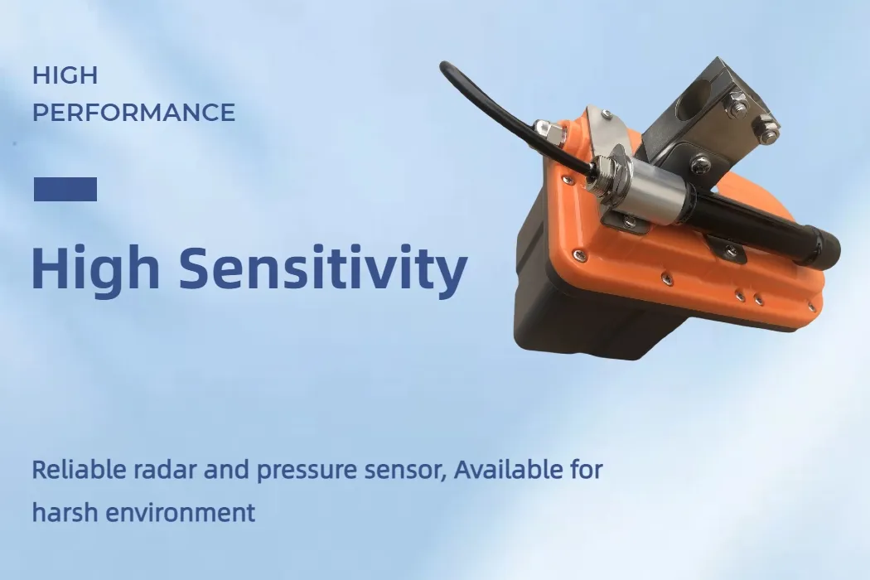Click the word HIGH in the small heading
coord(65,75)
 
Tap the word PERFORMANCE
coord(133,112)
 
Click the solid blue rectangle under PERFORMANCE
coord(65,189)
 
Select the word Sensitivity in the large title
coord(323,268)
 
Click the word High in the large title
coord(95,268)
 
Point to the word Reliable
coord(80,470)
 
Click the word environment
coord(181,513)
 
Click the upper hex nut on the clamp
coord(738,105)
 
